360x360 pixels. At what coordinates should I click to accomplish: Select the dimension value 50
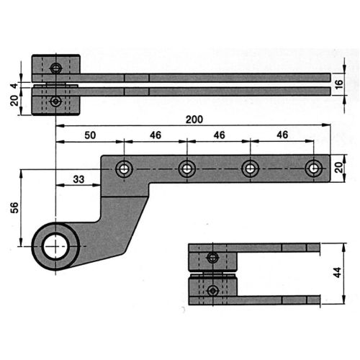90,135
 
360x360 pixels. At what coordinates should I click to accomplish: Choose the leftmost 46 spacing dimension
156,135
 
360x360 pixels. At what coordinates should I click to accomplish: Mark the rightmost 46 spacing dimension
282,135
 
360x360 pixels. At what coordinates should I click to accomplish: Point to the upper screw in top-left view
56,68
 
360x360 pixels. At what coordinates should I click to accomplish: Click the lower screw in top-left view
56,102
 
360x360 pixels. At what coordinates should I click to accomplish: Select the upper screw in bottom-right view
211,258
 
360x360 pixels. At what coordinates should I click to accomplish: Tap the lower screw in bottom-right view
211,290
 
